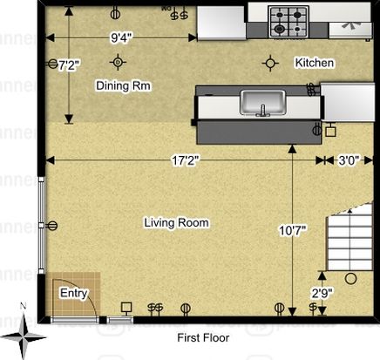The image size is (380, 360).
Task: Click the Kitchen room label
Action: click(x=315, y=63)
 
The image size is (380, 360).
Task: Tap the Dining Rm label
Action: click(x=123, y=85)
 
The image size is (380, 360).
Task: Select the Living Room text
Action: click(x=177, y=223)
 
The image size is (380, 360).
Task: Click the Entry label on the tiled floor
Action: click(x=73, y=293)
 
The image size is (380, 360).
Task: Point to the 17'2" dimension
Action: click(x=186, y=160)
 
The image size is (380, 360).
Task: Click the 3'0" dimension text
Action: click(x=349, y=160)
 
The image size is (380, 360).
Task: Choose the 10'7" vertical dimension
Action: click(x=293, y=230)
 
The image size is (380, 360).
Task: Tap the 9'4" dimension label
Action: click(x=121, y=37)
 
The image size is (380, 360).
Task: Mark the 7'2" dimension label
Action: click(x=69, y=65)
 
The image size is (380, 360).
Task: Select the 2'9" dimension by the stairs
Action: click(x=322, y=294)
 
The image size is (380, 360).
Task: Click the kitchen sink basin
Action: click(x=262, y=102)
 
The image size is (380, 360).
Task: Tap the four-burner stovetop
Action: click(x=288, y=22)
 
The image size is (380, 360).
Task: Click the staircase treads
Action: click(x=349, y=238)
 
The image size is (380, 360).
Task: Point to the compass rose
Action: click(x=24, y=337)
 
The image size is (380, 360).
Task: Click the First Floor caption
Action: click(x=203, y=338)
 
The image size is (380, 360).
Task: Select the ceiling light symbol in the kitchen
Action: click(x=270, y=63)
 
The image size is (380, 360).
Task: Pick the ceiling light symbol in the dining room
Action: click(x=118, y=62)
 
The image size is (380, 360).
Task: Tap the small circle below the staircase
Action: click(x=350, y=279)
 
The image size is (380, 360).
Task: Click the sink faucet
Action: click(x=263, y=111)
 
